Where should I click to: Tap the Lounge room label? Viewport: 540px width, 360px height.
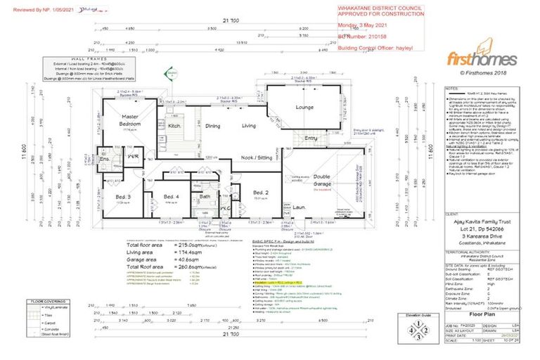pyautogui.click(x=304, y=108)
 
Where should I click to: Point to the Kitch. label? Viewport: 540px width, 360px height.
pyautogui.click(x=175, y=126)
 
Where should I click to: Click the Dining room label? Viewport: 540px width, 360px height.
pyautogui.click(x=213, y=126)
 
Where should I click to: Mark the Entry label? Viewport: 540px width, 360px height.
pyautogui.click(x=311, y=139)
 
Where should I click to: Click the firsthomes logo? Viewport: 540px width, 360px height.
pyautogui.click(x=482, y=59)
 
